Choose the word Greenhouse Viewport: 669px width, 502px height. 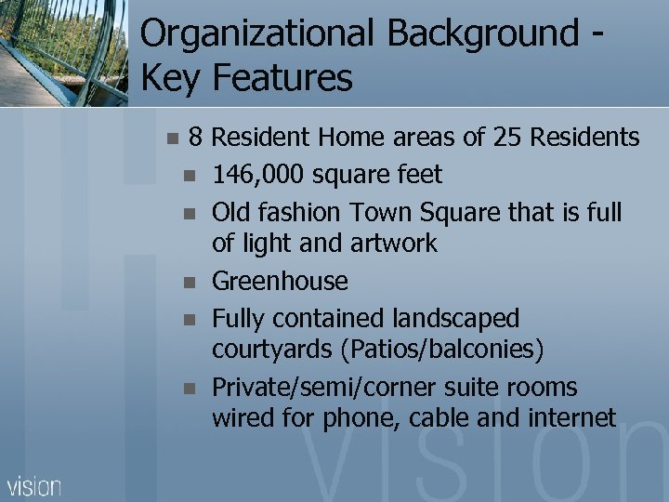tap(280, 281)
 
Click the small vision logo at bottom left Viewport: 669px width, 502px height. tap(34, 485)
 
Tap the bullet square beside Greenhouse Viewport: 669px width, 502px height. tap(190, 282)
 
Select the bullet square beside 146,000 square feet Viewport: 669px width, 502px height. tap(190, 176)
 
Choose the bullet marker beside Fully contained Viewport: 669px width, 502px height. tap(190, 319)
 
